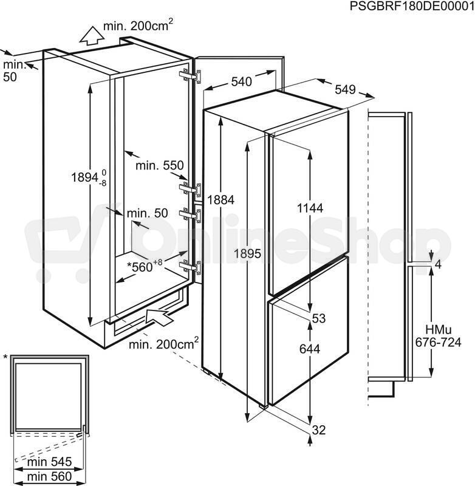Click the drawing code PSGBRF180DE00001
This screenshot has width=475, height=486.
tap(412, 6)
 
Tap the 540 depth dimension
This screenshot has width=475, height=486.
tap(242, 81)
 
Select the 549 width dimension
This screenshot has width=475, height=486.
tap(345, 89)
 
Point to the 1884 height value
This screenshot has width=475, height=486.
tap(220, 200)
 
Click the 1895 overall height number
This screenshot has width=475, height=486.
tap(247, 254)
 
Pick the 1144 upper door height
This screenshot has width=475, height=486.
tap(310, 208)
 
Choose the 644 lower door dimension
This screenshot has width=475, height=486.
tap(310, 349)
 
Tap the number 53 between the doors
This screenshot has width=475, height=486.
tap(319, 318)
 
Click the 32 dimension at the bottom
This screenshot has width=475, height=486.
tap(319, 430)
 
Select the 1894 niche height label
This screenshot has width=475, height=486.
tap(89, 178)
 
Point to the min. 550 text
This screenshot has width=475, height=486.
tap(160, 165)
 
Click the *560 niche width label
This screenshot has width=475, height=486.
tap(145, 265)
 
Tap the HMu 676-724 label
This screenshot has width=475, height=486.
tap(438, 336)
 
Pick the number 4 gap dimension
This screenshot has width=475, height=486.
tap(438, 265)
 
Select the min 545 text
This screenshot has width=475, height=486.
tap(50, 462)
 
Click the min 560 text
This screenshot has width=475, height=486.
tap(50, 476)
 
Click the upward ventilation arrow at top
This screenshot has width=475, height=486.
tap(92, 36)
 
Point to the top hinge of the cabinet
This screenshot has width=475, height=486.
tap(190, 76)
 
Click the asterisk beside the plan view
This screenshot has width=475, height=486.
tap(5, 357)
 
